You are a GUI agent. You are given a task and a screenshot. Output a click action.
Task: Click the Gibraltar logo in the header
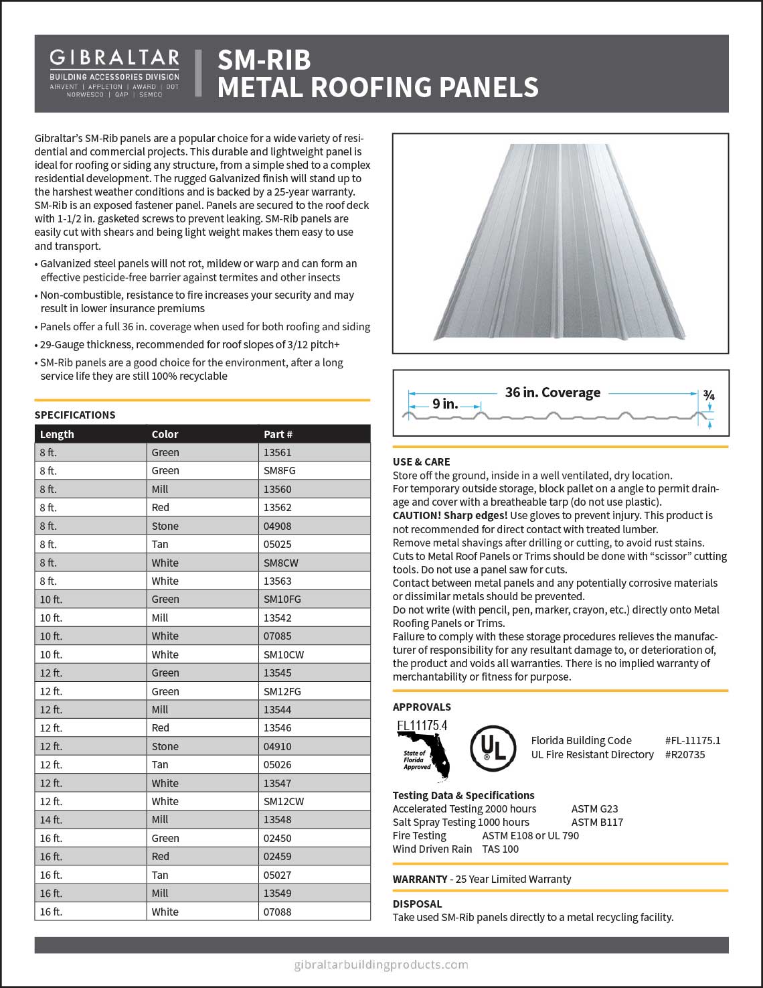coord(114,73)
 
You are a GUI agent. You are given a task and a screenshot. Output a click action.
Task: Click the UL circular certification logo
coord(493,748)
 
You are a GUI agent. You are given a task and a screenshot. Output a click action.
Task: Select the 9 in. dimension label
coord(445,404)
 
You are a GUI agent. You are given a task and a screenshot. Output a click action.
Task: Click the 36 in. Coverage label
coord(552,393)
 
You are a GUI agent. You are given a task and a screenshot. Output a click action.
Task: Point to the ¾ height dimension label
coord(709,396)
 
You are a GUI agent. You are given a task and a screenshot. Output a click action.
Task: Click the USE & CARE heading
coord(421,462)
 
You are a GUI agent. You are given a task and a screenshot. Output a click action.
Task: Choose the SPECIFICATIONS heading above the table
coord(75,415)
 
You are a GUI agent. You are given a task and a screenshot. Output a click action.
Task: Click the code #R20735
coord(685,754)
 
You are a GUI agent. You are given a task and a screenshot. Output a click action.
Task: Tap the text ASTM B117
coord(597,822)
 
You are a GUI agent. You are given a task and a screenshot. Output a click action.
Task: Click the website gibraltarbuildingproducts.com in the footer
coord(381,965)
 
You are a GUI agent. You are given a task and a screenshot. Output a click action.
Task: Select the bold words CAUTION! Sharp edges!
coord(450,515)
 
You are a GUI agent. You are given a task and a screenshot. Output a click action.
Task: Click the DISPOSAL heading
coord(417,904)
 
